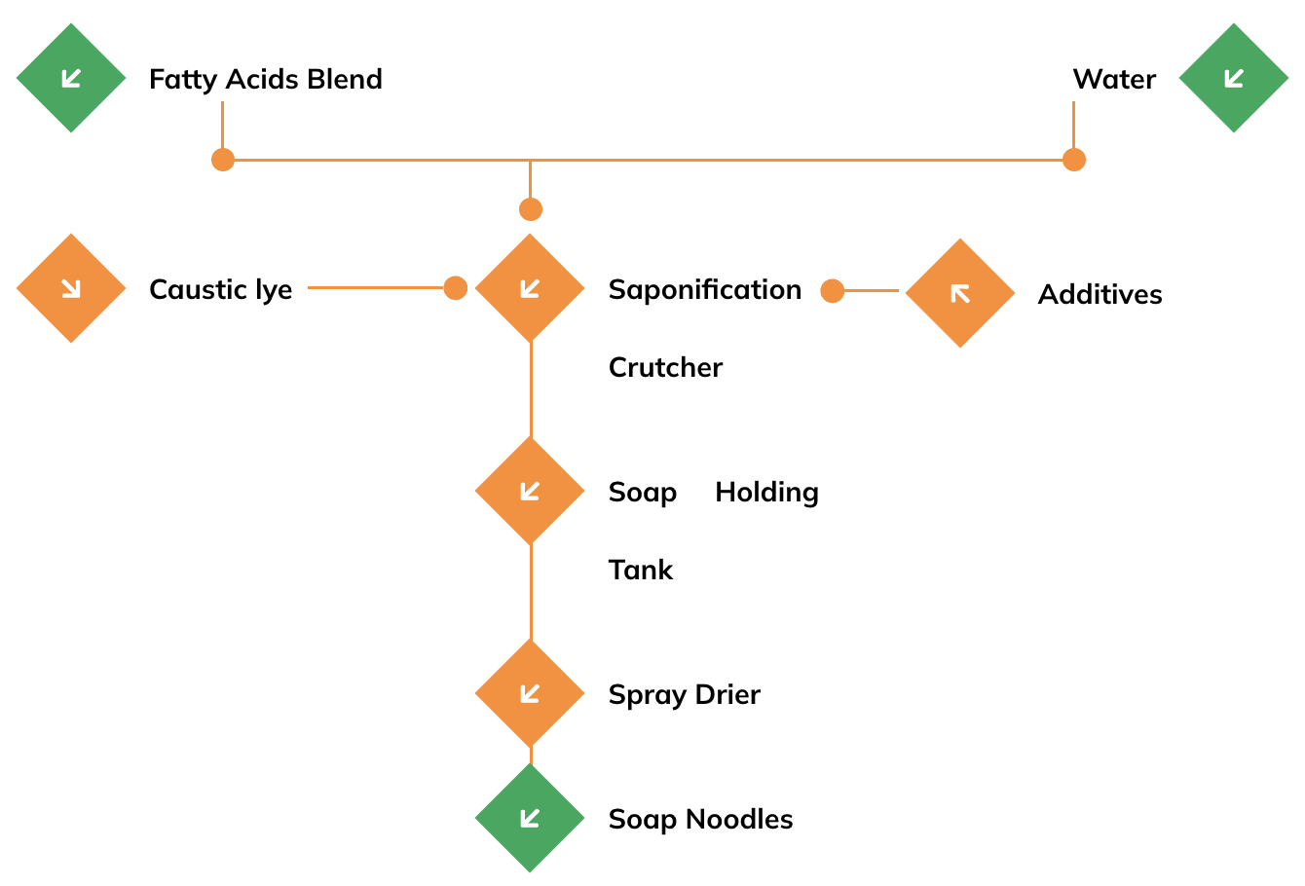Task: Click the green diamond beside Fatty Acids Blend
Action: (x=71, y=78)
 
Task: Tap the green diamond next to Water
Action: (x=1233, y=78)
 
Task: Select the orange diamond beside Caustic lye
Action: (x=71, y=288)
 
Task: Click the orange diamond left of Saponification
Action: (x=530, y=288)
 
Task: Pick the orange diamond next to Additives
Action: (x=960, y=293)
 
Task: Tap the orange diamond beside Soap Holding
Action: (x=530, y=491)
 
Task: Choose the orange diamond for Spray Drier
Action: (x=530, y=693)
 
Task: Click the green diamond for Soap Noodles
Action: (x=530, y=818)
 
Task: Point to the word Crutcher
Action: (x=665, y=368)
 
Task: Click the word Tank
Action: (x=640, y=570)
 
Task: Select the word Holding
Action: (x=766, y=494)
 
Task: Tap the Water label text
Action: (x=1114, y=79)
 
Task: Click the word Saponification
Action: (x=705, y=290)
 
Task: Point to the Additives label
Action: (x=1100, y=294)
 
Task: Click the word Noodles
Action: (x=739, y=819)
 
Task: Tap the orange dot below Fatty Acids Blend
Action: (x=223, y=160)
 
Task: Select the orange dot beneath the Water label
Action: (x=1074, y=160)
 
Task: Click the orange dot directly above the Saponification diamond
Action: (x=530, y=209)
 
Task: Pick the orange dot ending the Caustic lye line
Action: (x=455, y=288)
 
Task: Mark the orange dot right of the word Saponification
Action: (x=832, y=291)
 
